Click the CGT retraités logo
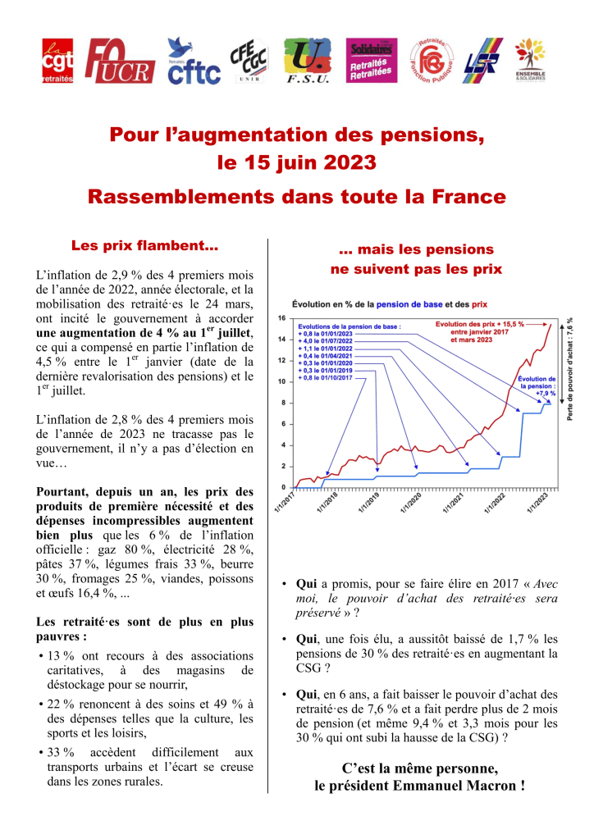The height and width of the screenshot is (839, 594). (x=58, y=62)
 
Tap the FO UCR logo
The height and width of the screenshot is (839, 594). (x=119, y=62)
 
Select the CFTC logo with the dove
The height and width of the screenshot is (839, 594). (x=193, y=62)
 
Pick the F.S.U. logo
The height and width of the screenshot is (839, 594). (x=308, y=62)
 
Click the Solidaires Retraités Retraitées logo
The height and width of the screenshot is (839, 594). (x=372, y=61)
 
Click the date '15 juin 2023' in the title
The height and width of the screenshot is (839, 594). (x=297, y=162)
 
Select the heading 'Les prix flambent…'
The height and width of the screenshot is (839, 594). (x=144, y=245)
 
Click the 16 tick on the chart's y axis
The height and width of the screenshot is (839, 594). (x=281, y=318)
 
